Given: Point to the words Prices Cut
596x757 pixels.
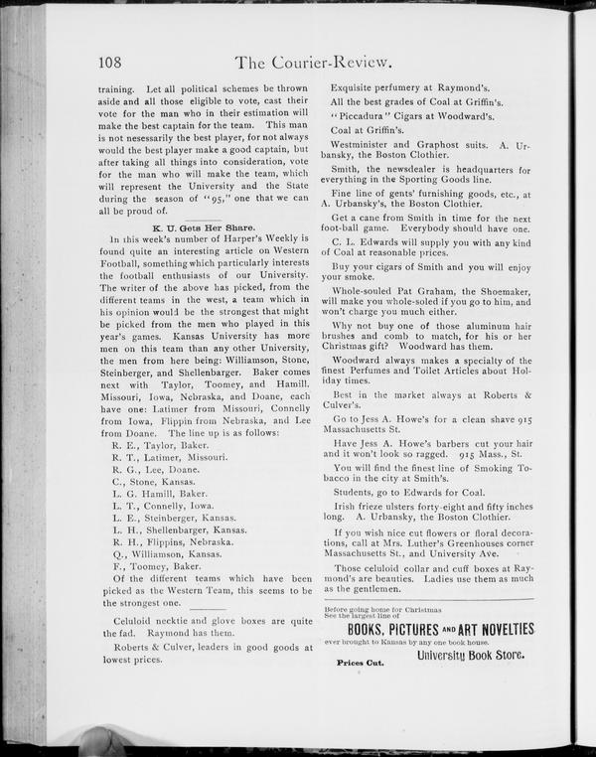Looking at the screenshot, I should [x=361, y=661].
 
